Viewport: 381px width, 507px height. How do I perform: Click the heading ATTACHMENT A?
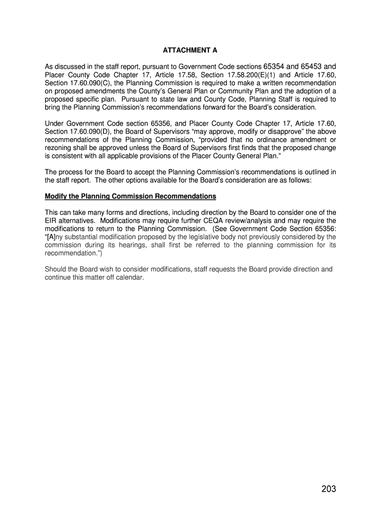click(x=190, y=51)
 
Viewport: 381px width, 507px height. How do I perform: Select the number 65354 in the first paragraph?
click(x=274, y=66)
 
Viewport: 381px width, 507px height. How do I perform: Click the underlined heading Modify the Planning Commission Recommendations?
click(x=131, y=197)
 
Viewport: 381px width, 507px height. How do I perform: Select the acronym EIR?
click(x=50, y=220)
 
